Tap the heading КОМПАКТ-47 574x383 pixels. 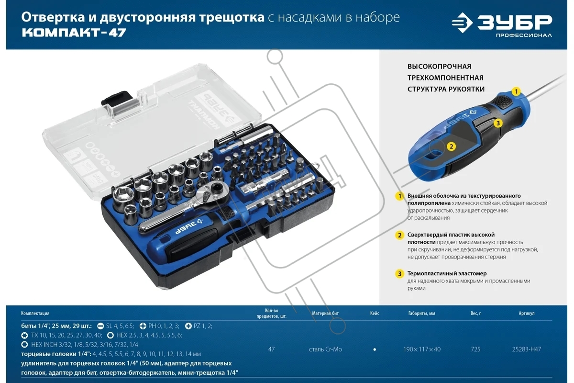click(x=74, y=33)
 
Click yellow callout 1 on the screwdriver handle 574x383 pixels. click(x=516, y=91)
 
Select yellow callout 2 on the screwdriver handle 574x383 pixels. click(x=451, y=146)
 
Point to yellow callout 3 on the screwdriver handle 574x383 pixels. click(x=498, y=123)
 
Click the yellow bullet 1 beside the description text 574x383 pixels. click(x=399, y=196)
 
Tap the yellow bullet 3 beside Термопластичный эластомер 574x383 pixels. click(x=399, y=274)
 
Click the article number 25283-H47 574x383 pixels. click(x=526, y=349)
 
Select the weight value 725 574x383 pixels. click(x=475, y=349)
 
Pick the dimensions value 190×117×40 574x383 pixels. click(x=422, y=349)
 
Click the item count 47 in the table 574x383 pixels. click(x=271, y=349)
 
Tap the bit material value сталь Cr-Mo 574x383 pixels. click(x=325, y=349)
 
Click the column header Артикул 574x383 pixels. click(x=527, y=313)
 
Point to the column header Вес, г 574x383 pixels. click(x=475, y=313)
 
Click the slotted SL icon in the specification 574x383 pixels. click(x=100, y=326)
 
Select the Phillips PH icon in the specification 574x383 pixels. click(x=143, y=326)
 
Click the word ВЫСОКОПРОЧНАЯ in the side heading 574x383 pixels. click(x=439, y=67)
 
